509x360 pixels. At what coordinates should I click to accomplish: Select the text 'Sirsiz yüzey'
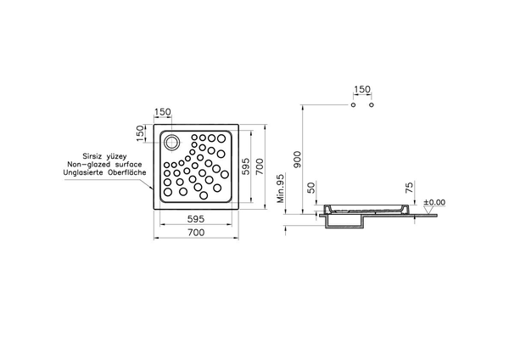pos(104,155)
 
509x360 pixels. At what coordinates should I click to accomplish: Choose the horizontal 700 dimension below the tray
pos(195,232)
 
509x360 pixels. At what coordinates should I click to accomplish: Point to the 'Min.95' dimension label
pos(280,194)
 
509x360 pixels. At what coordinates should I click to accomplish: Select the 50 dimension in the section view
pos(310,188)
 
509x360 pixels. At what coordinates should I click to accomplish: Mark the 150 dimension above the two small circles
pos(363,90)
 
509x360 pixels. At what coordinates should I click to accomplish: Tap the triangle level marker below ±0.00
pos(424,208)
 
